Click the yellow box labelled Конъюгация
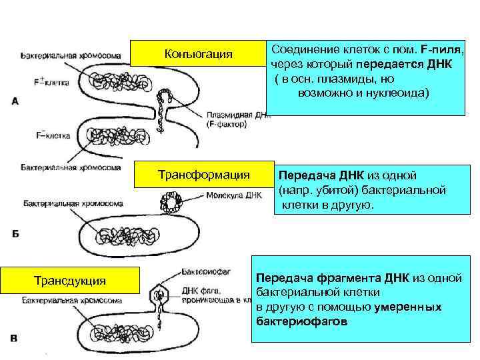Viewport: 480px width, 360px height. point(197,53)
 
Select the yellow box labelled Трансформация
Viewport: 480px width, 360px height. point(203,175)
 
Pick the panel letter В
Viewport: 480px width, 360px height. point(14,339)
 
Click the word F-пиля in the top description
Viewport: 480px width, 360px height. point(441,50)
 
